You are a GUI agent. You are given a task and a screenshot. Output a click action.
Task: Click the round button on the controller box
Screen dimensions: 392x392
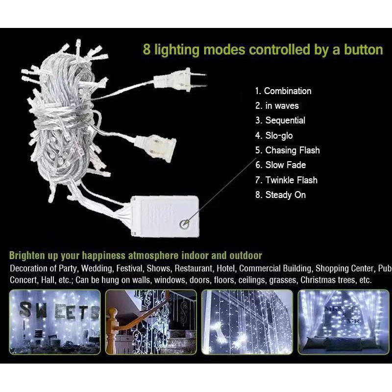coord(185,224)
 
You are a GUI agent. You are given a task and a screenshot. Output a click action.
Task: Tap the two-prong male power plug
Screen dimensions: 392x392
coord(180,80)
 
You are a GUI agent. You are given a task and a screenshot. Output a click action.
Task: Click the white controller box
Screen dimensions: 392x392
coord(165,216)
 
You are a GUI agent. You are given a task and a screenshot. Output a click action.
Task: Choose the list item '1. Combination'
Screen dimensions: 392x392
coord(283,91)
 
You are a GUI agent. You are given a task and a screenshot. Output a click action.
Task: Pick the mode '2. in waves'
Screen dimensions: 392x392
coord(277,106)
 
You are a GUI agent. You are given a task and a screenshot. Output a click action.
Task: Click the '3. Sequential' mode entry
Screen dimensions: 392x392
coord(280,121)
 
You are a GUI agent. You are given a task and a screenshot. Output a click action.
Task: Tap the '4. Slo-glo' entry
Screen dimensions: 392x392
coord(274,136)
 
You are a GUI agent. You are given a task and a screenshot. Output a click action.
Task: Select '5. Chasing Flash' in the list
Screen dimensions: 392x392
coord(288,150)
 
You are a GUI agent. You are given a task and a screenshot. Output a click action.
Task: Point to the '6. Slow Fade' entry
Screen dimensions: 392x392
coord(280,165)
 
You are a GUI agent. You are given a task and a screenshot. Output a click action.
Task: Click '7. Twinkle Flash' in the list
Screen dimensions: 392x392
coord(286,180)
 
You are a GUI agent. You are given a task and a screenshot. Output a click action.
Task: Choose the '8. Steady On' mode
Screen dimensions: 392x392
coord(280,195)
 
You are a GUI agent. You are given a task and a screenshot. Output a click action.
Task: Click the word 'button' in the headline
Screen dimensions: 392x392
coord(364,49)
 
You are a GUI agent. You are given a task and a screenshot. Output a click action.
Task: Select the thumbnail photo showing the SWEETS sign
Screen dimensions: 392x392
coord(55,322)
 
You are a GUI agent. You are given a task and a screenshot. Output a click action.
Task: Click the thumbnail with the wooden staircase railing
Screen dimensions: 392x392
coord(151,322)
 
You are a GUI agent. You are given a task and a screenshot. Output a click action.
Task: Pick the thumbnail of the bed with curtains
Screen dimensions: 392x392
coord(343,322)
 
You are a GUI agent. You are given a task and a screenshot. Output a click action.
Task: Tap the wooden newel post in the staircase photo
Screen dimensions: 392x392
coord(113,330)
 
